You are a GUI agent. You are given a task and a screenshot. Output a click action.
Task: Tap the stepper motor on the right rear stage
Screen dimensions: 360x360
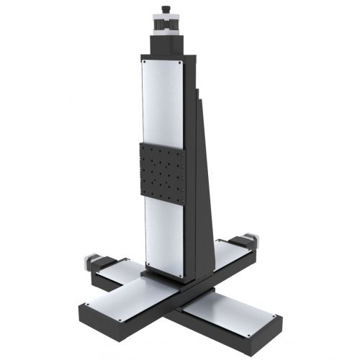tap(249, 242)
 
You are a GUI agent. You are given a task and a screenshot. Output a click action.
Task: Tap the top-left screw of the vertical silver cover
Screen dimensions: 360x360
tap(146, 63)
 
